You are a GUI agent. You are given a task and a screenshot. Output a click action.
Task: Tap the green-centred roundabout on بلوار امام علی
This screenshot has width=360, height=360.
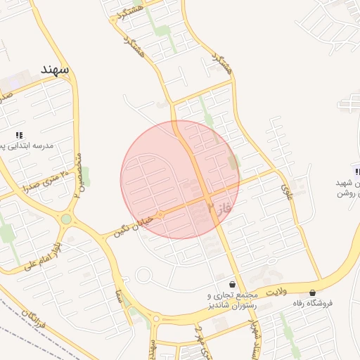(x=66, y=219)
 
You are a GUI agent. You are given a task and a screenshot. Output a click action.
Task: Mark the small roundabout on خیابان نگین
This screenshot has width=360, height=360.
(x=160, y=214)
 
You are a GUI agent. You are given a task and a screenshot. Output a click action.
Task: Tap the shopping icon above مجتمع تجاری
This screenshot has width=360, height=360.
(x=233, y=283)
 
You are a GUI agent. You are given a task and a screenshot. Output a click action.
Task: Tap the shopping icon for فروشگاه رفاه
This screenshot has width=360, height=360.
(x=312, y=292)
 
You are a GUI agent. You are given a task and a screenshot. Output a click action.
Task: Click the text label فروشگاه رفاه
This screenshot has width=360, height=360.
(x=333, y=304)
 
